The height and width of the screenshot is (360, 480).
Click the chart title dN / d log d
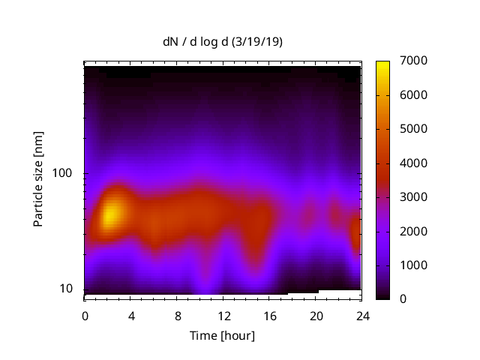pyautogui.click(x=196, y=42)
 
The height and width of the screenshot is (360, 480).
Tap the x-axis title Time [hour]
pyautogui.click(x=222, y=335)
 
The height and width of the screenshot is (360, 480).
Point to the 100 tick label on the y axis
pyautogui.click(x=63, y=173)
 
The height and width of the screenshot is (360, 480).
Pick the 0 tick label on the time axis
pyautogui.click(x=85, y=316)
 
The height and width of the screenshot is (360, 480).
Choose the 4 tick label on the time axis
pyautogui.click(x=131, y=316)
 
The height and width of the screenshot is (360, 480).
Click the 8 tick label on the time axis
pyautogui.click(x=177, y=316)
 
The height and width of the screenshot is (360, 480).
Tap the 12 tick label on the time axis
pyautogui.click(x=223, y=316)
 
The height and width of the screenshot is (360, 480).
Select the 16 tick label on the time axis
pyautogui.click(x=270, y=316)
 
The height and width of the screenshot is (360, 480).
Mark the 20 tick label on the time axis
pyautogui.click(x=316, y=316)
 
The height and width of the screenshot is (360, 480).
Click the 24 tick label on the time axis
pyautogui.click(x=362, y=316)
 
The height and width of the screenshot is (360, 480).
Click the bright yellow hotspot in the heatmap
pyautogui.click(x=110, y=215)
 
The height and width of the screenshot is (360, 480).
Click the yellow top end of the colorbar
pyautogui.click(x=382, y=64)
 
